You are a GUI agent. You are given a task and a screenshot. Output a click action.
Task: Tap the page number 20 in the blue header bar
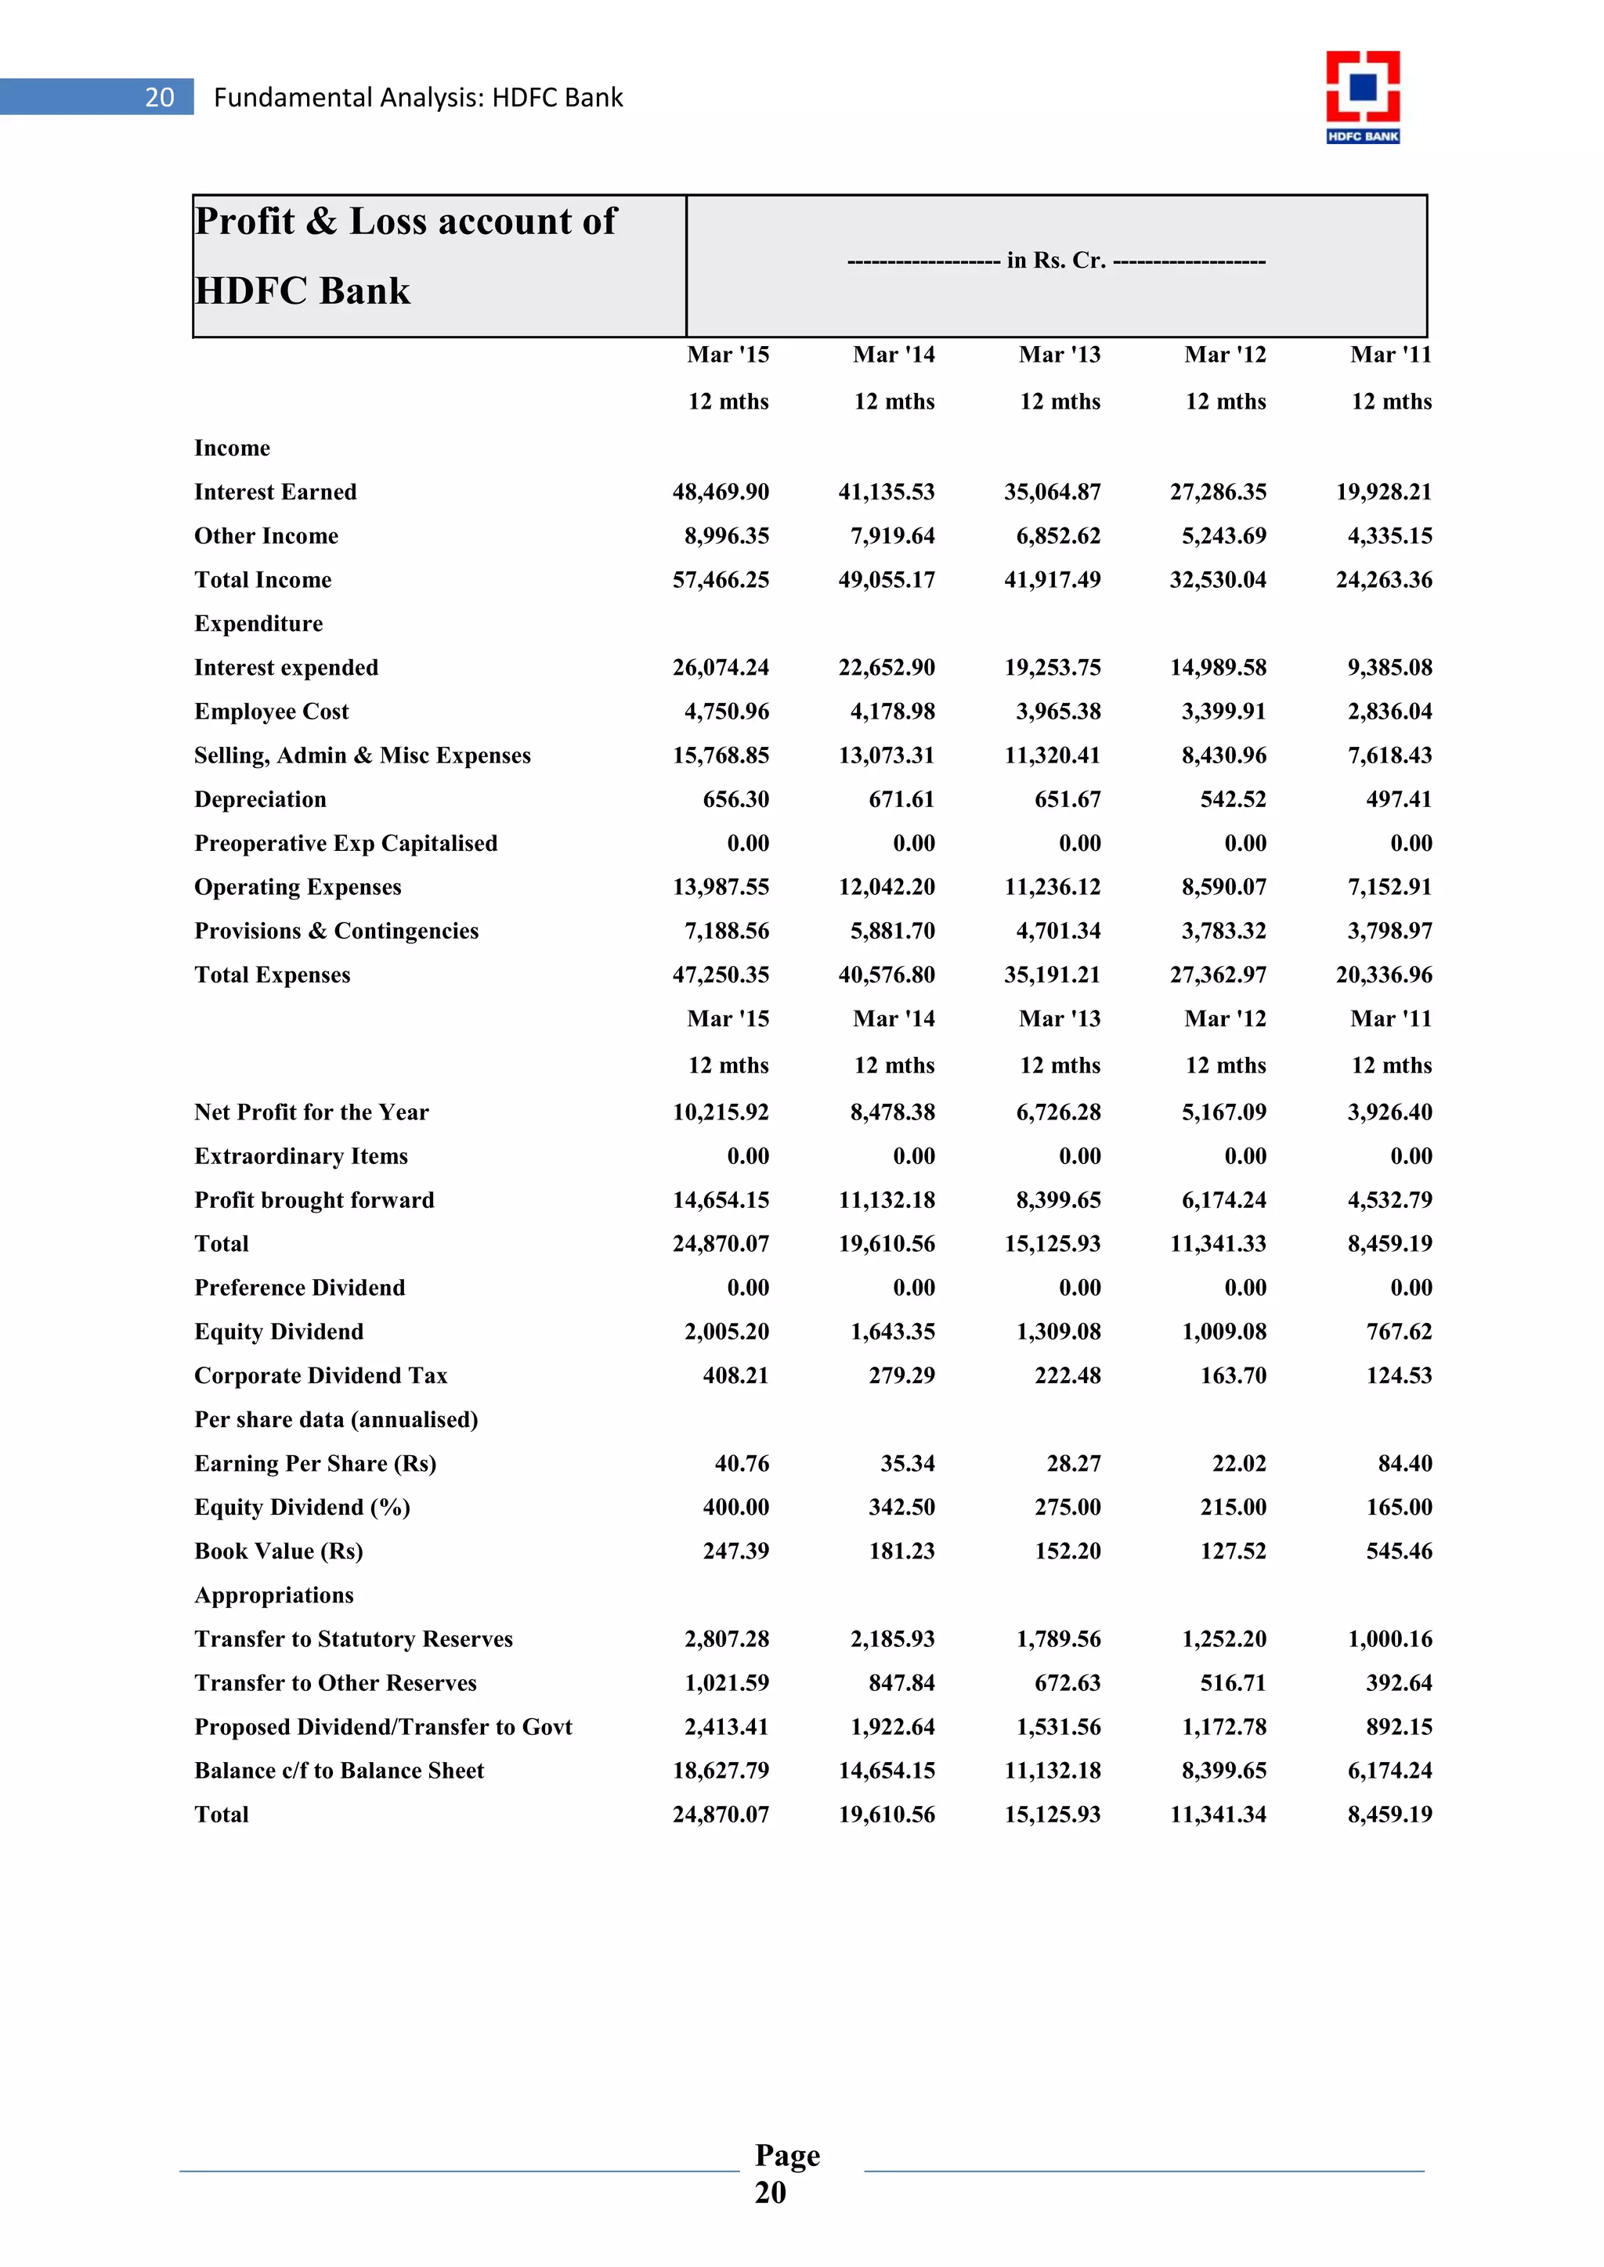(159, 97)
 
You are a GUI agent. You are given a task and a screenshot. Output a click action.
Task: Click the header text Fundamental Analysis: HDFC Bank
(417, 98)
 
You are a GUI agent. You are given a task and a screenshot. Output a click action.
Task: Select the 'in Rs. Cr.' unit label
(1056, 261)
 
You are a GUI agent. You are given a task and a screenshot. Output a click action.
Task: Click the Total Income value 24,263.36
(1383, 579)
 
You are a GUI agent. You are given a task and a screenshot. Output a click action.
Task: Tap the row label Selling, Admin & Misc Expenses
(363, 755)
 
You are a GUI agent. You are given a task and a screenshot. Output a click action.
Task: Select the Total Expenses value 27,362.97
(1217, 975)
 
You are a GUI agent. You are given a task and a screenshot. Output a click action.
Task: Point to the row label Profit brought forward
(314, 1200)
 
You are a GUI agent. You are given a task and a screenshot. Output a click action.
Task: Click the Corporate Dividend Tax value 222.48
(1067, 1375)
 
